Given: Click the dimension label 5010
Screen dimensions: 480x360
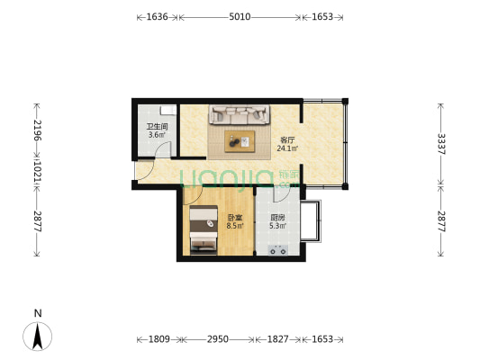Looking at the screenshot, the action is point(240,16).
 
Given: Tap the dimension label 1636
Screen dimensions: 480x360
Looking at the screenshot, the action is point(157,16).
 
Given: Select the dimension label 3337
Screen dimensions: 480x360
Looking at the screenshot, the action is point(441,144).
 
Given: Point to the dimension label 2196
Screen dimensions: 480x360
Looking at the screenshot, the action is point(37,130).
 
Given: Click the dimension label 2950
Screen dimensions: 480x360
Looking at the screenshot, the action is point(218,339).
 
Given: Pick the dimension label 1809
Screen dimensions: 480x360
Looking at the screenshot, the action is point(158,339).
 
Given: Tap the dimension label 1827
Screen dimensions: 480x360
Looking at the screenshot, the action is point(278,339).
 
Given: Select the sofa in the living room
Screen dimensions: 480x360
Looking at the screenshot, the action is point(240,114).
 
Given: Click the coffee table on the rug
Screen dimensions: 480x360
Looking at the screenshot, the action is point(240,141).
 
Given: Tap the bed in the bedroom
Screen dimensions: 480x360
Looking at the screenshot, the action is point(204,230).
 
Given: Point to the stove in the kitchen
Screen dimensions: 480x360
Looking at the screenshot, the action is point(278,250).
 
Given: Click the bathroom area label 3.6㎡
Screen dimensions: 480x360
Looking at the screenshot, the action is point(157,135).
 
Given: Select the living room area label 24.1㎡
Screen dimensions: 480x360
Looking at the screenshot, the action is point(287,148).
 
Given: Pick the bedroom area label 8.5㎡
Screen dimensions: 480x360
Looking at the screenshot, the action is point(235,226).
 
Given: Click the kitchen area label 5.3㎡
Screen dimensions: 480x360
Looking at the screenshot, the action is point(278,226).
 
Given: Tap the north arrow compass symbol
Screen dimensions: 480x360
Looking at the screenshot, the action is point(37,337).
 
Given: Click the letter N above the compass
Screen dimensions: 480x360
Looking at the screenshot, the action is point(38,313).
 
